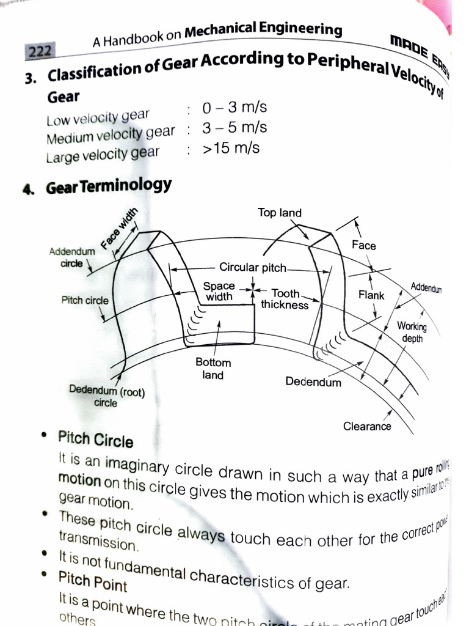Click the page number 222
(x=40, y=51)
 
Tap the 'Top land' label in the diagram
(x=279, y=213)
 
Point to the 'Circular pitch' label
(x=252, y=267)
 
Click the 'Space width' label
(x=219, y=291)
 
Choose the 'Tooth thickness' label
(x=285, y=299)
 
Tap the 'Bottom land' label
(x=213, y=369)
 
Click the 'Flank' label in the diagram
(x=371, y=295)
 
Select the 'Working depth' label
(x=412, y=332)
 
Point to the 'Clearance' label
(x=367, y=426)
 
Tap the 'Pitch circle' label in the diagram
(x=85, y=300)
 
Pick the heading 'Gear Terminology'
(x=109, y=186)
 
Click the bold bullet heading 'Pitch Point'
(x=93, y=581)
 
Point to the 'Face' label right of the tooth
(x=364, y=245)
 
